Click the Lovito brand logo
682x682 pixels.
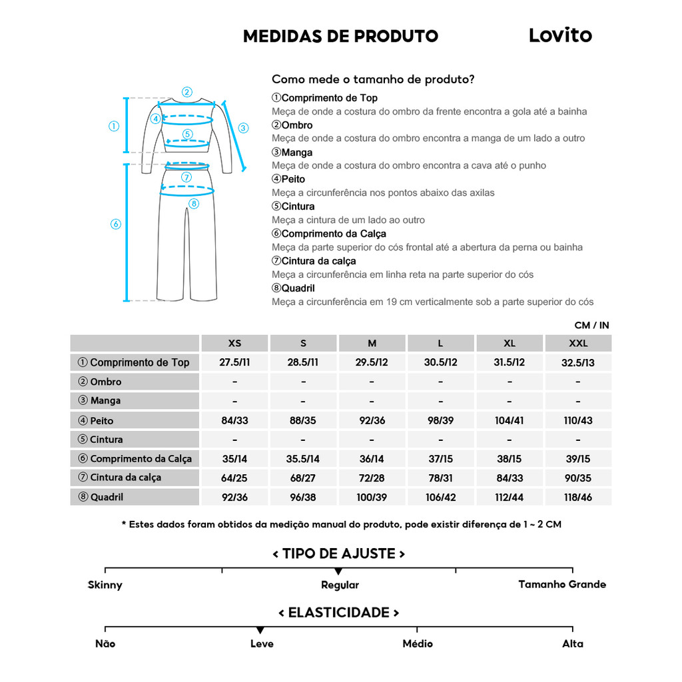(559, 35)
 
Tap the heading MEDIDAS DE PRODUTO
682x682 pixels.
(340, 36)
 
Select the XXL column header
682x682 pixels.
(577, 344)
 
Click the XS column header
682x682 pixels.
(234, 344)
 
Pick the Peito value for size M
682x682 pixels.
(372, 421)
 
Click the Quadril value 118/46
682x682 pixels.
(577, 498)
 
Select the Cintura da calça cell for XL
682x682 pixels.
(510, 478)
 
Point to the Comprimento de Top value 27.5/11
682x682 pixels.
(234, 362)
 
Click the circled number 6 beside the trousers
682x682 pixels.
(115, 224)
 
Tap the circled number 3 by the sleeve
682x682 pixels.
(243, 128)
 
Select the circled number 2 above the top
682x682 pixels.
(187, 93)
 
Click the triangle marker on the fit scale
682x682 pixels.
(338, 571)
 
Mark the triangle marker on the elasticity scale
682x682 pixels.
(260, 630)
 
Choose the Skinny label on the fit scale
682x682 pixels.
(105, 585)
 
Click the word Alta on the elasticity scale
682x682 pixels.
(572, 643)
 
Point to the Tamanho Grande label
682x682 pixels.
(562, 584)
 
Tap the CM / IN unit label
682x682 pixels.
(591, 326)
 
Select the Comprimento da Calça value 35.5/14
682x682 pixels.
(303, 459)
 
